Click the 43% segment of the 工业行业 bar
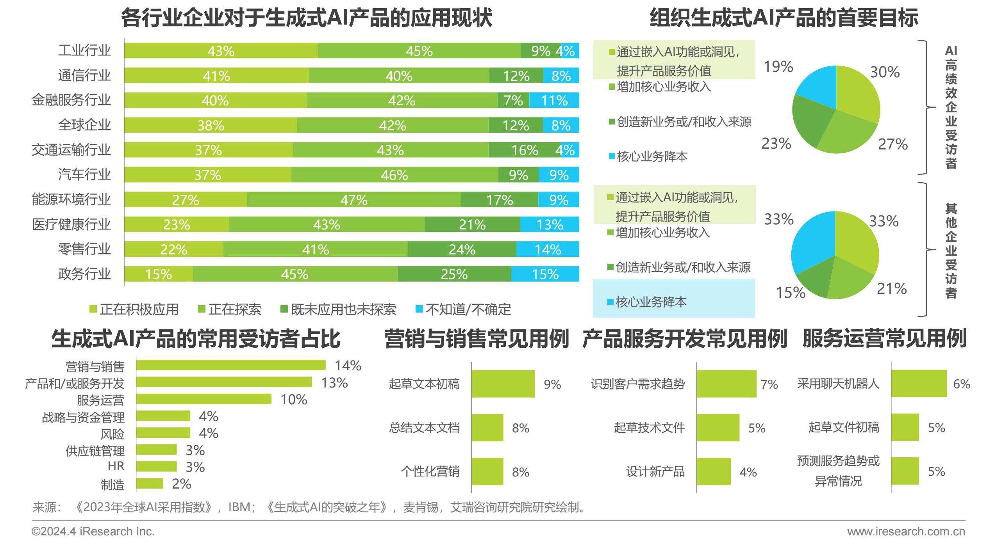point(221,51)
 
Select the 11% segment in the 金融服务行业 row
point(554,100)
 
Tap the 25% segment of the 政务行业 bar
point(454,274)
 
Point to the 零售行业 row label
point(84,249)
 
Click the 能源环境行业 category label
point(71,199)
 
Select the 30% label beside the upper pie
point(885,72)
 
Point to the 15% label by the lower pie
point(790,292)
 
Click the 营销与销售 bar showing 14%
point(230,365)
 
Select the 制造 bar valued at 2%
point(150,483)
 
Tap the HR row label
point(116,466)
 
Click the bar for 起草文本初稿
point(503,384)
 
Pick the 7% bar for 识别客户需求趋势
point(726,384)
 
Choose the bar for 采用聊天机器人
point(919,384)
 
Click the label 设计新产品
point(655,471)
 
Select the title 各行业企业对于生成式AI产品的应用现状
point(306,18)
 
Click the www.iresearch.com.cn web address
point(906,531)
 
